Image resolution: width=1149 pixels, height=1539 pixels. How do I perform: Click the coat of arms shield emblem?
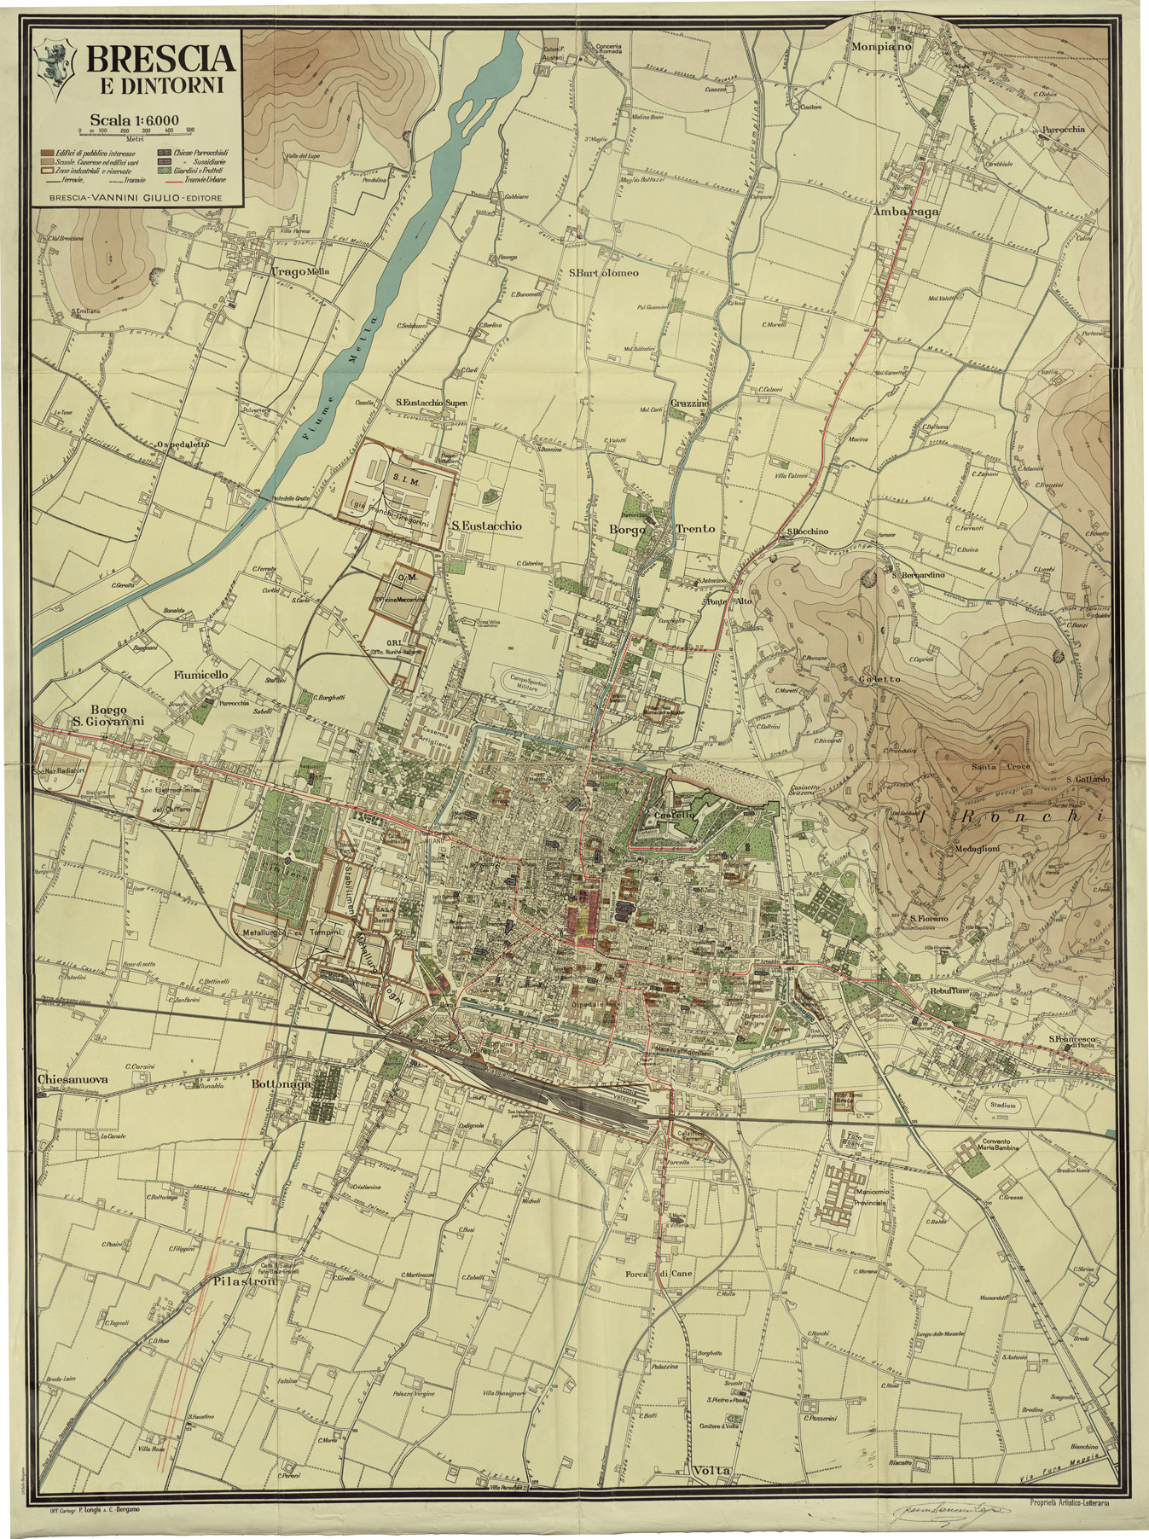[x=53, y=67]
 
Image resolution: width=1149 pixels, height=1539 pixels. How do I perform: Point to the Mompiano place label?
[x=881, y=47]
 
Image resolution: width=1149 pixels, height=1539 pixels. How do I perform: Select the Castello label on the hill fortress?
[x=672, y=816]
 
